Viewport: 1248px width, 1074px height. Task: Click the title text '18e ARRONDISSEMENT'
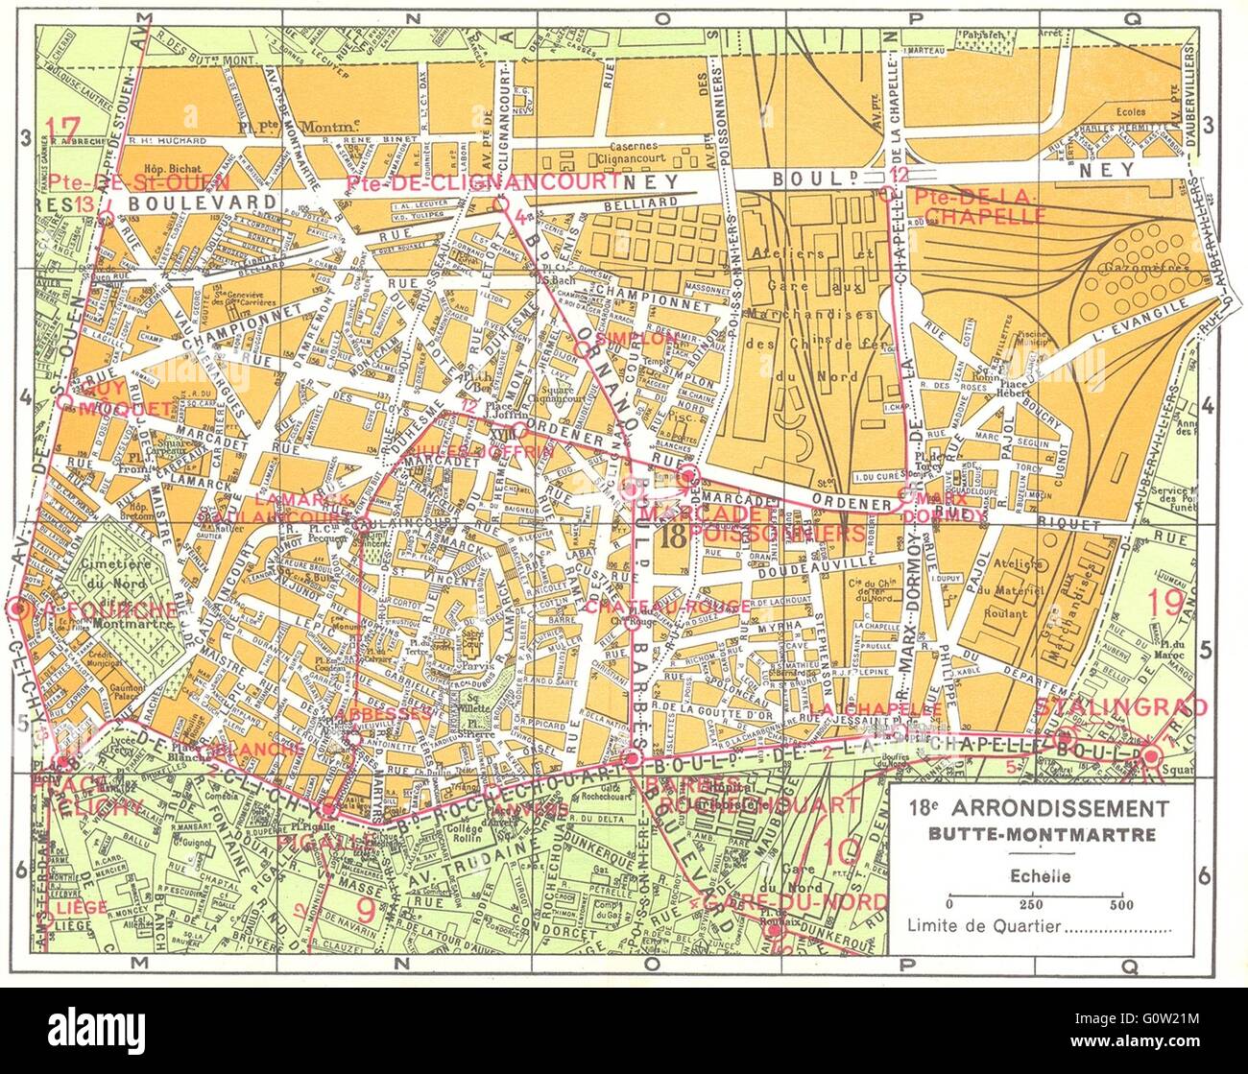click(x=1038, y=807)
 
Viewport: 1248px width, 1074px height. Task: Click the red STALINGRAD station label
click(x=1120, y=707)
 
